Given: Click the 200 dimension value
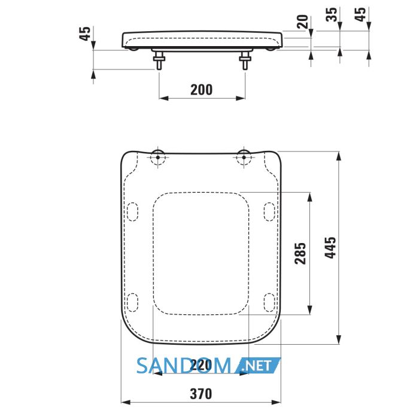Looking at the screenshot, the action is coord(202,90).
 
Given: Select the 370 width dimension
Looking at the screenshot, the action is coord(201,394).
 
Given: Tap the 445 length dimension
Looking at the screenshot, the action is coord(330,248).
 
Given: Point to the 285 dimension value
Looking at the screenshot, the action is coord(300,253).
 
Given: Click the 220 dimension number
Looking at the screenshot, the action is coord(201,365).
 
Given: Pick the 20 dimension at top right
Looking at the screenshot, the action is coord(302,22).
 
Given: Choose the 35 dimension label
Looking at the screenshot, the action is coord(332,14).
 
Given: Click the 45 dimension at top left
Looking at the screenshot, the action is coord(85,34).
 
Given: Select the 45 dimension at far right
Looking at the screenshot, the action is coord(360,14).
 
